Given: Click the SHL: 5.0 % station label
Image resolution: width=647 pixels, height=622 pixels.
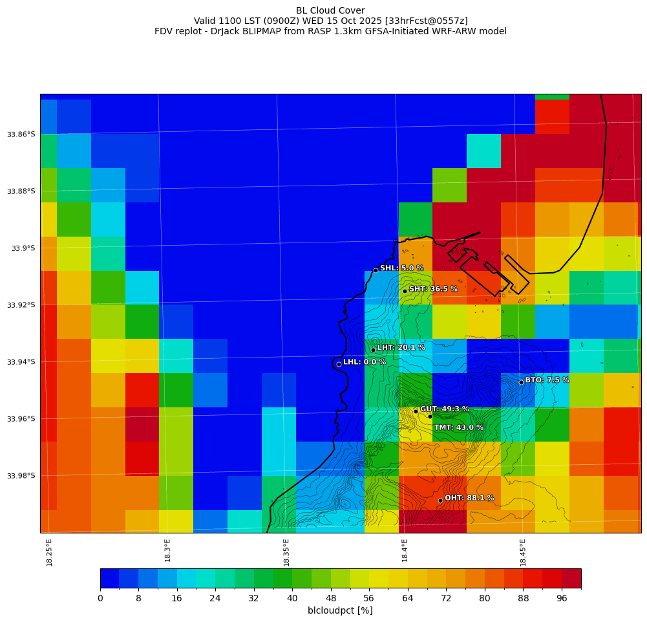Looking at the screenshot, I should [x=401, y=268].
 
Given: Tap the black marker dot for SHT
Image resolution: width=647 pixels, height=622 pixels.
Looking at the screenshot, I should [x=405, y=291].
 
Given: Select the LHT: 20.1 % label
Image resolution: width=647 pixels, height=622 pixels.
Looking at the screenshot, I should [x=401, y=348].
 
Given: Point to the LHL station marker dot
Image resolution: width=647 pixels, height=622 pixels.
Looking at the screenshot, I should [x=339, y=364].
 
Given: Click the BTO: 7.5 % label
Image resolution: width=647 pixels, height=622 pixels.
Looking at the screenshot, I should [x=547, y=380].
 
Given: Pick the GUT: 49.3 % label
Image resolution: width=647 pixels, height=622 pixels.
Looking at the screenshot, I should [x=444, y=409].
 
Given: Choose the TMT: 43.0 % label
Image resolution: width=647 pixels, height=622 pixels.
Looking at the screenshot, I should [x=458, y=428].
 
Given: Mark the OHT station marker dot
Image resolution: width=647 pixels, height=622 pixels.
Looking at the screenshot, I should [x=440, y=500].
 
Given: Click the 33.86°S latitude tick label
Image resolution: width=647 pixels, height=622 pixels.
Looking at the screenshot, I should [x=21, y=134].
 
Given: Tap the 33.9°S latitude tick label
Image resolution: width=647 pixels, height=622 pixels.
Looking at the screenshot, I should [x=23, y=248].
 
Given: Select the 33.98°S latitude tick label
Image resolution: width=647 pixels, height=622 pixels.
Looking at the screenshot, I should [x=21, y=476].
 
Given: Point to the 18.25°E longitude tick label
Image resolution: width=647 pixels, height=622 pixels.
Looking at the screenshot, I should [x=50, y=553].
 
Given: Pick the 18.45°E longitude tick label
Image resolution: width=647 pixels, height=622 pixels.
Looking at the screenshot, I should [x=523, y=553].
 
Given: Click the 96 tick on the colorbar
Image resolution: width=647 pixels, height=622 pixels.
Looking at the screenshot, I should [x=562, y=599].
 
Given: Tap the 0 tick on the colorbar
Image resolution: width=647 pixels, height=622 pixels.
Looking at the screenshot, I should [x=100, y=599].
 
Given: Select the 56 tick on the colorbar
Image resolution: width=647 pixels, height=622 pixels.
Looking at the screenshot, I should [x=369, y=599].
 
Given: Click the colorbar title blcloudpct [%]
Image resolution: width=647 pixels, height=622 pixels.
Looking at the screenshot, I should [x=340, y=611].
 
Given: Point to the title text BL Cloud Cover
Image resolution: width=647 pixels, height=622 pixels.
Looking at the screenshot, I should [x=330, y=10].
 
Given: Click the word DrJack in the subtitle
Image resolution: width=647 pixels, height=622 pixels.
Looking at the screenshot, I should [x=235, y=32].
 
